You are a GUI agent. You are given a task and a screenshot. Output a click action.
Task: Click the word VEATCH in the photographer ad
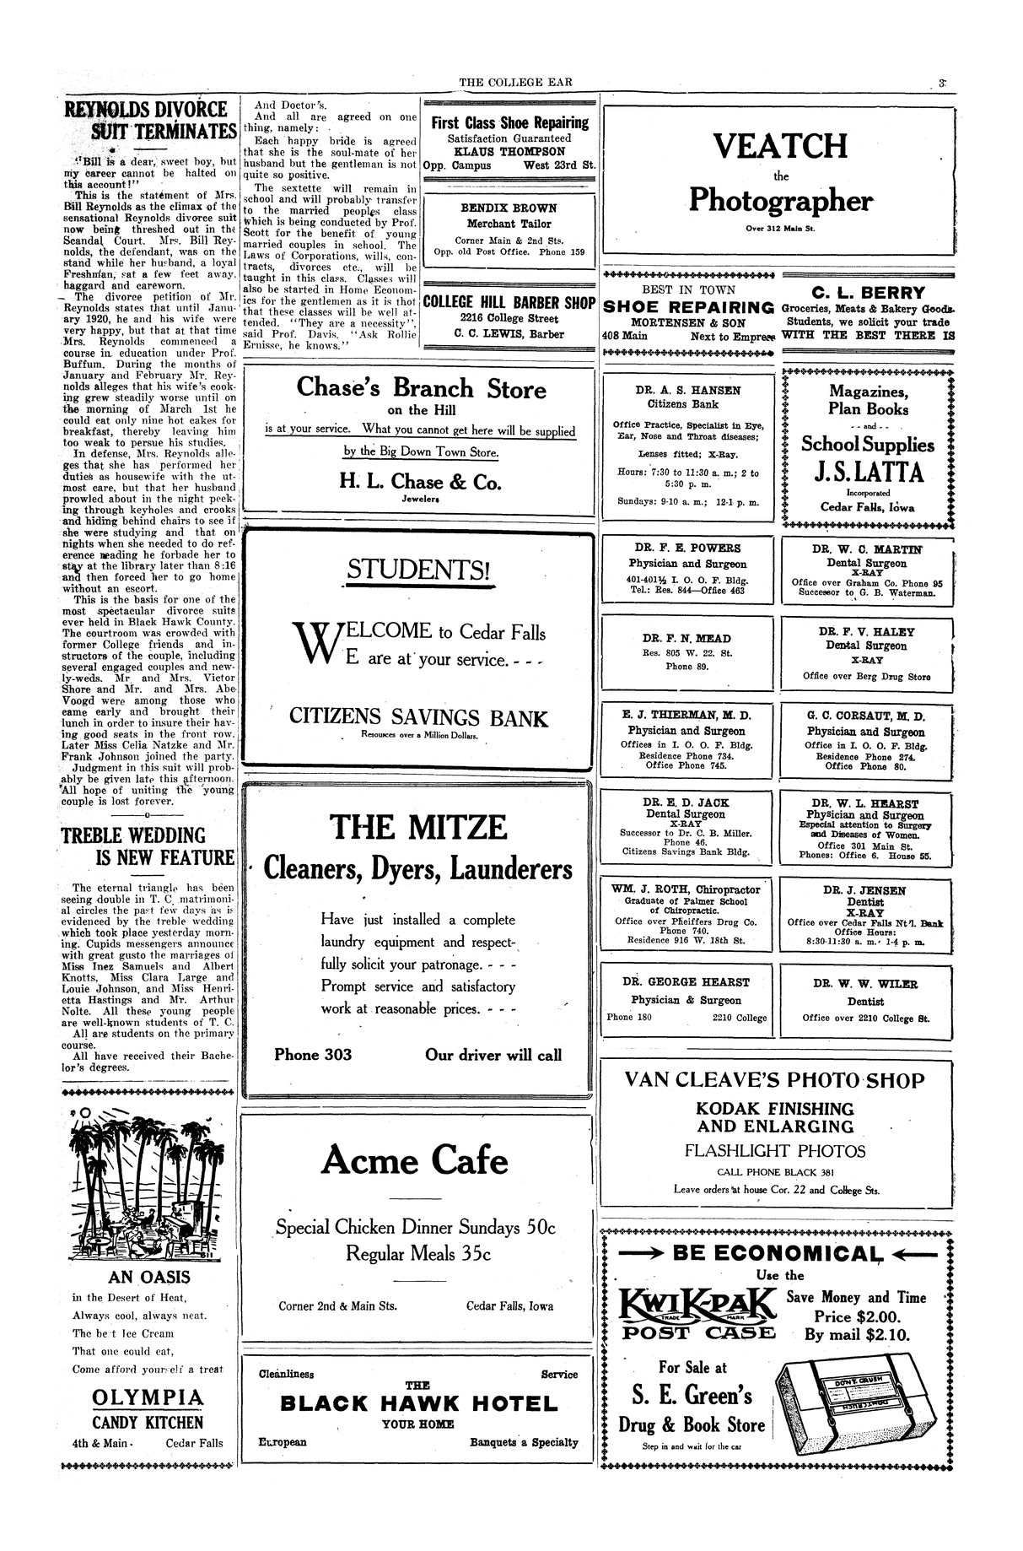(x=780, y=146)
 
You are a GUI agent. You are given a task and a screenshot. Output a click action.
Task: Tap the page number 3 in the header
(x=940, y=84)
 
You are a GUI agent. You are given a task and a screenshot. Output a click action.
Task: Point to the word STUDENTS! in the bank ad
(x=417, y=570)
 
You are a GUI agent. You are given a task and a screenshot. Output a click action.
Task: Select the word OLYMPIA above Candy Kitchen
(x=148, y=1398)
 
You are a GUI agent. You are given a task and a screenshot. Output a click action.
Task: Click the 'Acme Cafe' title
(x=415, y=1160)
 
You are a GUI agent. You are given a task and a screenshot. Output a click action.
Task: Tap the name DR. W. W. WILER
(x=866, y=984)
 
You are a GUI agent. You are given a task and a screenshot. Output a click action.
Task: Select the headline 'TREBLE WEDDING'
(x=133, y=835)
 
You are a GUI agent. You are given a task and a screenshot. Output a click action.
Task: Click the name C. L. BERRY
(x=868, y=293)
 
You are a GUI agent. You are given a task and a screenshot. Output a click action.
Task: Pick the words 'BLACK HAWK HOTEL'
(x=418, y=1404)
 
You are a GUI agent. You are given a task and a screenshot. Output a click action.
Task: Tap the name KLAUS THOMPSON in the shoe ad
(x=509, y=151)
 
